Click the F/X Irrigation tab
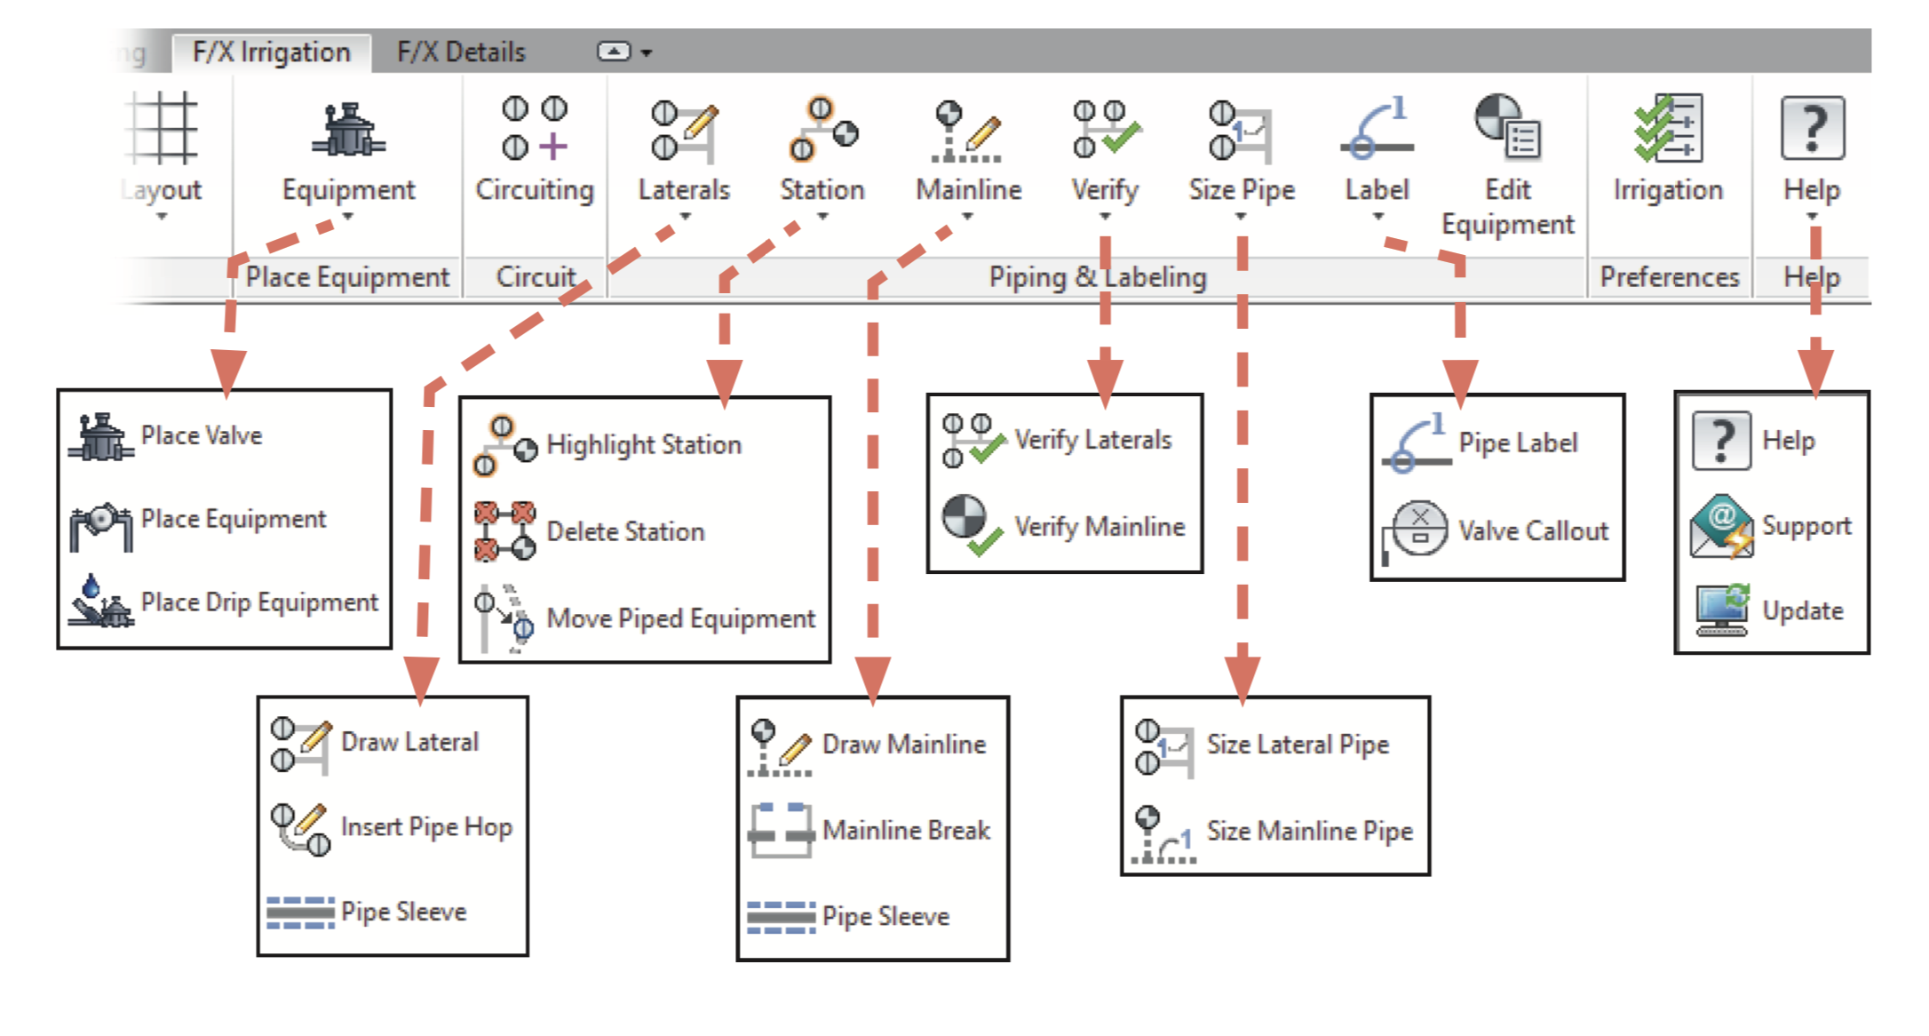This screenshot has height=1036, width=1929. [x=271, y=52]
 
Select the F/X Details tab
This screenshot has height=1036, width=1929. [x=461, y=52]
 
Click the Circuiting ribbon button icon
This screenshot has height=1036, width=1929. [x=535, y=130]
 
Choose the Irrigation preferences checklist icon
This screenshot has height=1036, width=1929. [x=1668, y=129]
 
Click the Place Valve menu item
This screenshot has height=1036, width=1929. [x=202, y=435]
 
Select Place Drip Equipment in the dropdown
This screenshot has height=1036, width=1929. [x=258, y=602]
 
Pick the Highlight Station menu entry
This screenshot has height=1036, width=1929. [x=643, y=444]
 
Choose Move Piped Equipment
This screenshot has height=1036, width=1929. [x=680, y=618]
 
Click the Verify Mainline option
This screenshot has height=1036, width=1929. [x=1099, y=527]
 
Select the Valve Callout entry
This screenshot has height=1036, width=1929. [x=1533, y=531]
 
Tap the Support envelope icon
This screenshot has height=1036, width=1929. [x=1721, y=526]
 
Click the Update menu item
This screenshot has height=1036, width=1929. [x=1802, y=611]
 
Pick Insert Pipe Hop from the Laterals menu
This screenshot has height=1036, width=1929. [x=426, y=827]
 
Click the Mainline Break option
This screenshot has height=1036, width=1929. [x=906, y=830]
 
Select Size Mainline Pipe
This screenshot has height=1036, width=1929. [x=1309, y=831]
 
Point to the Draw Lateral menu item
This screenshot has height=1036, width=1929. [x=409, y=742]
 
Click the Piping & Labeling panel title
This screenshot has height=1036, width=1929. [x=1098, y=277]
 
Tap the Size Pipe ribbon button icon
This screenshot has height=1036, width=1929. [x=1241, y=130]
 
